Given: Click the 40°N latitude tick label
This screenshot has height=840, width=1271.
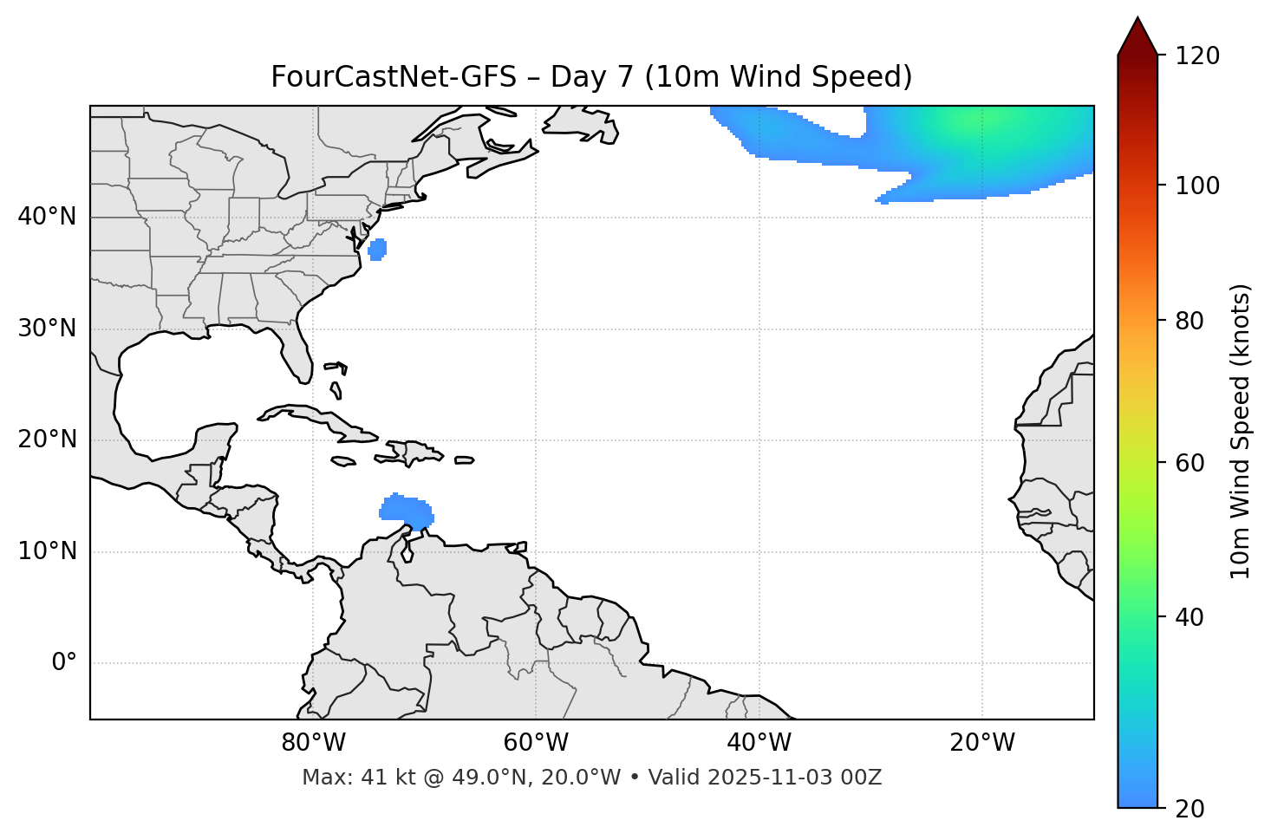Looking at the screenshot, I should (x=47, y=217).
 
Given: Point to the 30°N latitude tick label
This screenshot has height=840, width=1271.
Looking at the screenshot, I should (x=47, y=329).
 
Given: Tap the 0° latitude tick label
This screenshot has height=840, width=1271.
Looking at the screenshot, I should (x=64, y=663).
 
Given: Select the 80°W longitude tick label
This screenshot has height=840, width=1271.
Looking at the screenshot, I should (x=313, y=743).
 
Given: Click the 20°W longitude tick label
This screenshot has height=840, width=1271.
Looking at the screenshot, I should (x=982, y=743).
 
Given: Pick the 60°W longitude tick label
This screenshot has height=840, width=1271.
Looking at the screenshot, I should (x=536, y=743).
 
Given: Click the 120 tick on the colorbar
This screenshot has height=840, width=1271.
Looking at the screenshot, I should (x=1197, y=56).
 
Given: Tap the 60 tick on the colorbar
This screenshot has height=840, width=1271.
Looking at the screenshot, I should (x=1191, y=463).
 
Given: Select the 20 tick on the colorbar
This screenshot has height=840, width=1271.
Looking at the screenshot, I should (x=1191, y=809).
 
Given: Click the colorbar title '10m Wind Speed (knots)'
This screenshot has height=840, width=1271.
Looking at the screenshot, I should (x=1241, y=431).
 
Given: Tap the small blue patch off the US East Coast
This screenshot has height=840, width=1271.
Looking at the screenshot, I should (x=377, y=249).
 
